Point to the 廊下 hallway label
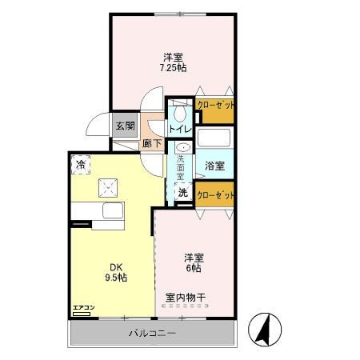pyautogui.click(x=151, y=144)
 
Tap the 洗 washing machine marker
pyautogui.click(x=183, y=193)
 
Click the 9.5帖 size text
pyautogui.click(x=117, y=278)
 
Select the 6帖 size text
pyautogui.click(x=194, y=268)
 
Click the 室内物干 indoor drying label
pyautogui.click(x=186, y=298)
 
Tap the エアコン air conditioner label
pyautogui.click(x=84, y=308)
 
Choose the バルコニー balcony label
pyautogui.click(x=152, y=333)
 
